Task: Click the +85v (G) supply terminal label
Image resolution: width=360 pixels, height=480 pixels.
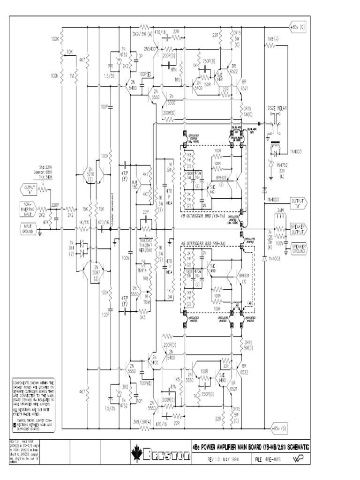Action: pos(297,27)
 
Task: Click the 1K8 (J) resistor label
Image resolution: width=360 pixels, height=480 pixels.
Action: pos(273,38)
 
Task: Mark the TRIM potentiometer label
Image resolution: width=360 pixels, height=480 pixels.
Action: pos(147,303)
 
